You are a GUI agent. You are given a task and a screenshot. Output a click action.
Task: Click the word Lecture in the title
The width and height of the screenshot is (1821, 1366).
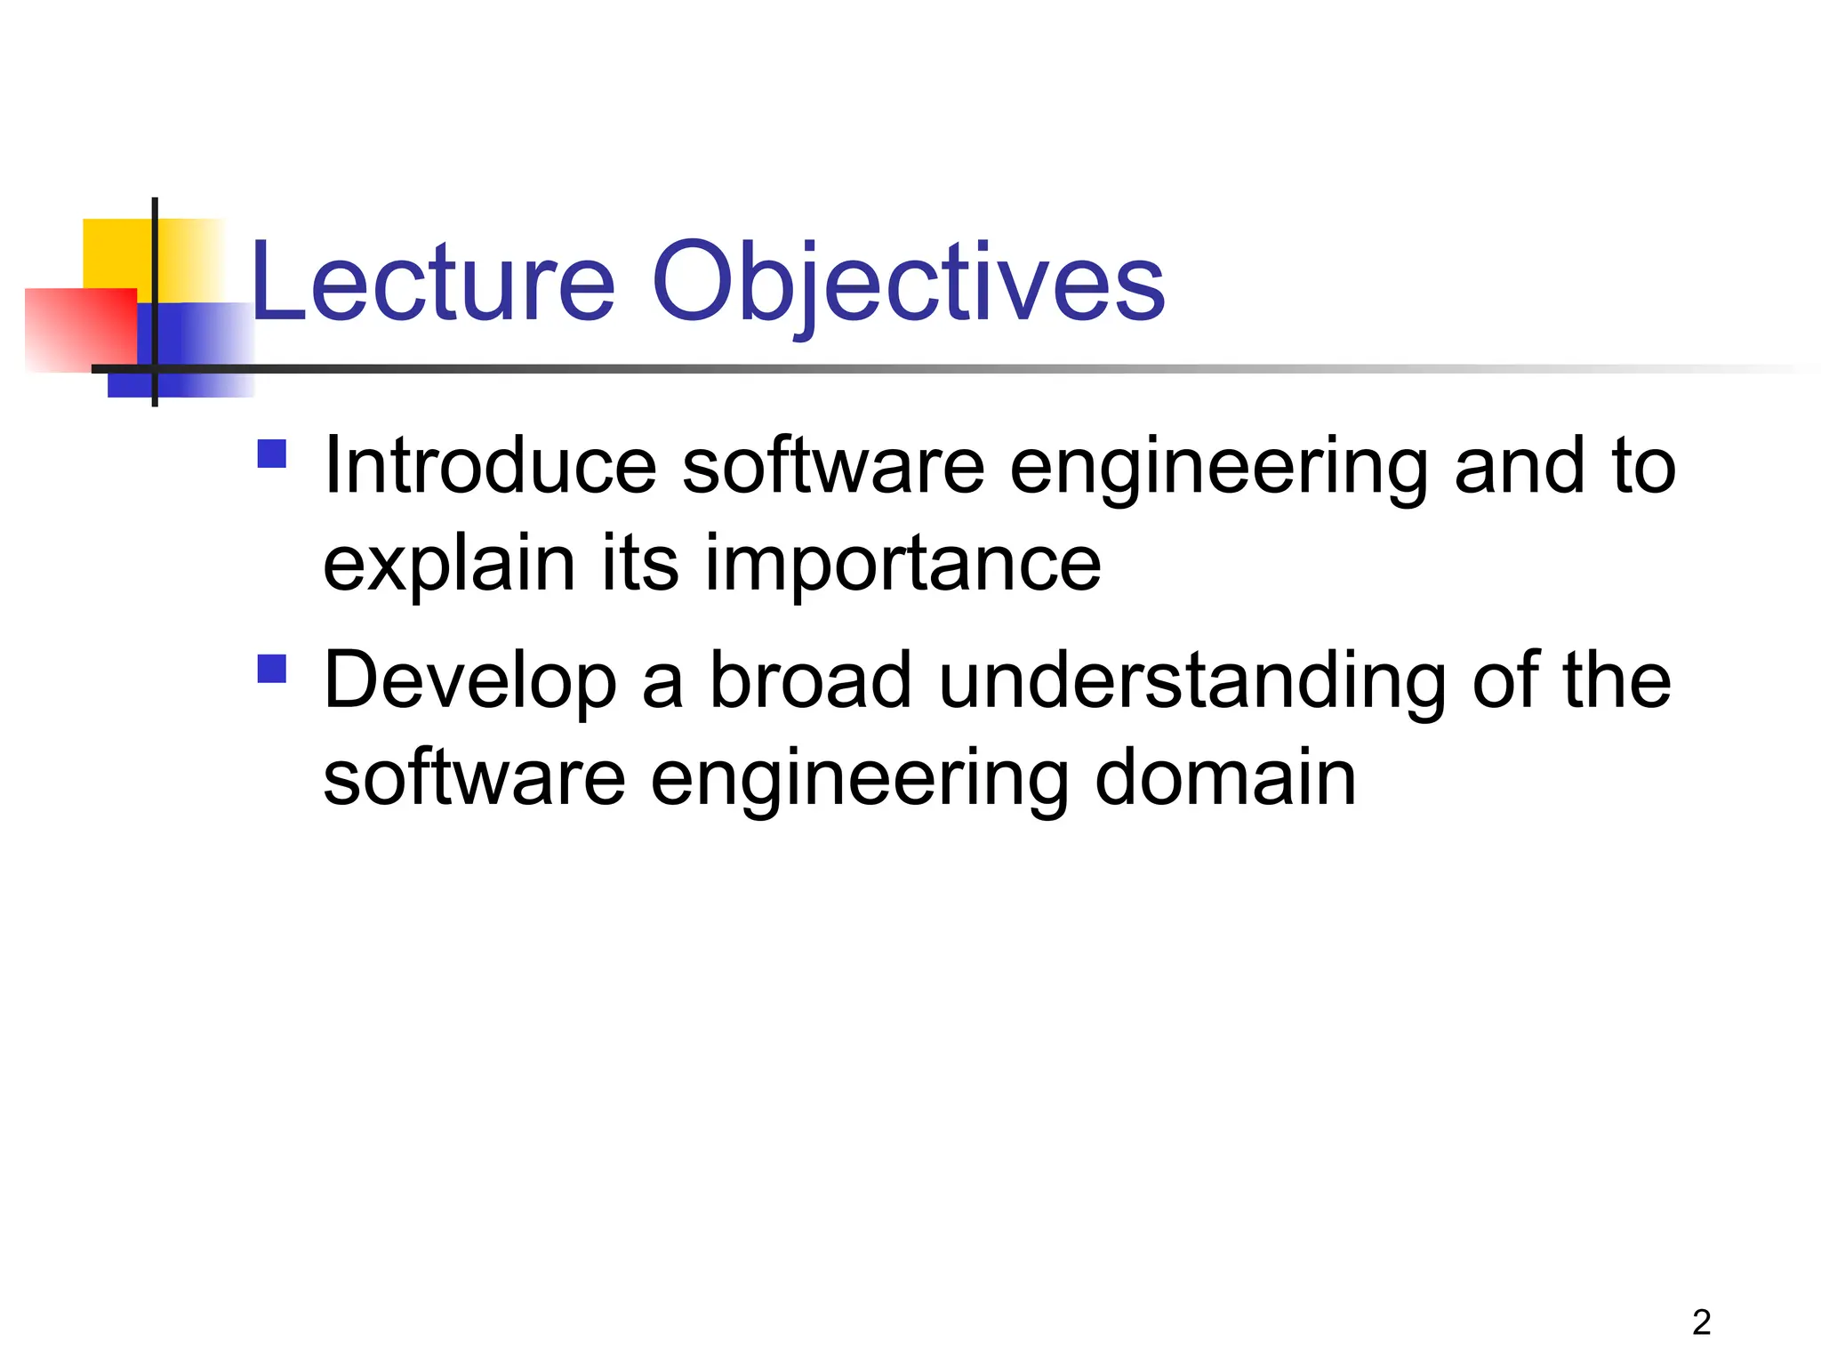433,283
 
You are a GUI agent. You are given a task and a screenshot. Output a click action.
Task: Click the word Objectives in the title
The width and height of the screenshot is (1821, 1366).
908,283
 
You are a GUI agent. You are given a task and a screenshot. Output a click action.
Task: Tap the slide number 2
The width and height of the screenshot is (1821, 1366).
1701,1322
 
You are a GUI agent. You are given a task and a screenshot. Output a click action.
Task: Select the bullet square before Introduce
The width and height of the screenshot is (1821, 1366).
272,454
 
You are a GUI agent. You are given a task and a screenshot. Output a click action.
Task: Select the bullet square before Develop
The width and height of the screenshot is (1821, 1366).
272,669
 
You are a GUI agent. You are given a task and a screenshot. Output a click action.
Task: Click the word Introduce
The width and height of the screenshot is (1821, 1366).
490,466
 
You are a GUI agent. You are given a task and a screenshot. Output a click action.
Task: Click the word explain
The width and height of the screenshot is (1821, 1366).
449,564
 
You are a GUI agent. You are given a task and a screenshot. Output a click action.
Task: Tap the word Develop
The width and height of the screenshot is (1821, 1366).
469,681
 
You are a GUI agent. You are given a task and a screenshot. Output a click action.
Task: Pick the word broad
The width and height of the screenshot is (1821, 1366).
810,681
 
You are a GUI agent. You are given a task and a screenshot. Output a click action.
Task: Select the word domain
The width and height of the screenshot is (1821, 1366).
1224,779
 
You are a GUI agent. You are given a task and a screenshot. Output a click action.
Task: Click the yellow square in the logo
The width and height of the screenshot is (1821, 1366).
116,253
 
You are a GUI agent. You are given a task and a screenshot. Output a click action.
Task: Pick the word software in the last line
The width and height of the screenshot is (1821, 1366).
474,779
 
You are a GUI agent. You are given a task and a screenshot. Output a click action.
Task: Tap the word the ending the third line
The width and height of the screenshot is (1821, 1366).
1616,681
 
